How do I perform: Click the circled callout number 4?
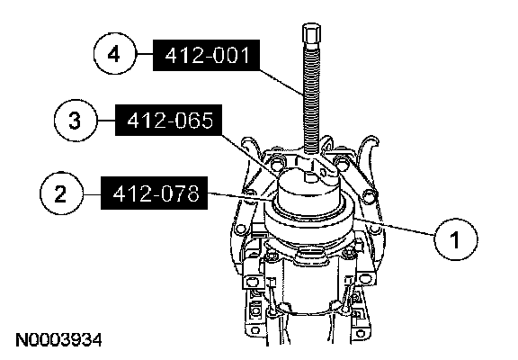(114, 53)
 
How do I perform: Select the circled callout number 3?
(75, 120)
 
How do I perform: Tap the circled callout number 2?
(61, 193)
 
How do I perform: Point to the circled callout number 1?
(455, 239)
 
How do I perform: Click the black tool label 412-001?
(206, 56)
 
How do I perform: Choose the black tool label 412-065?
(168, 121)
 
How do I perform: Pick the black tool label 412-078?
(155, 193)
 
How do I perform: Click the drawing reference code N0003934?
(58, 340)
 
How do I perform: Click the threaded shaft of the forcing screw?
(311, 99)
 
